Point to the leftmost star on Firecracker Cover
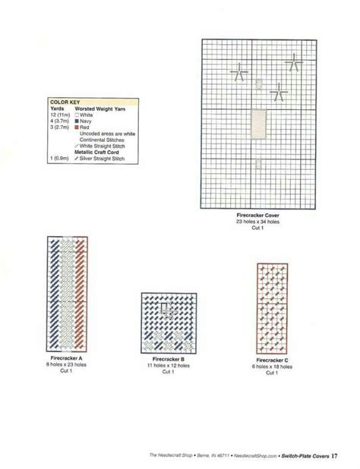[x=240, y=72]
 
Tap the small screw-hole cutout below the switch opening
[x=259, y=162]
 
